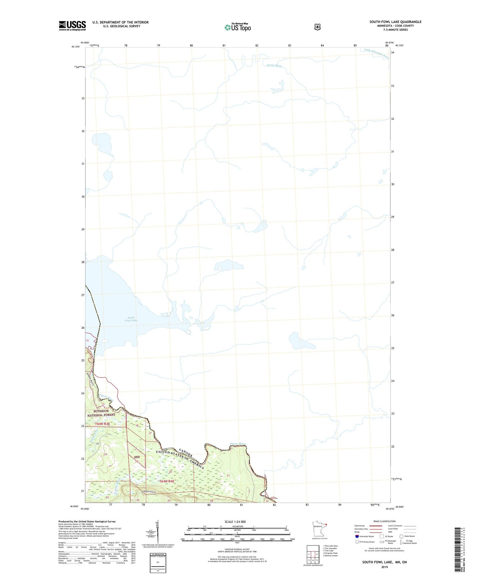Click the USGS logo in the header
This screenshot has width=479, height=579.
(72, 26)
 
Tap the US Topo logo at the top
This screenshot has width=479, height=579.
(238, 27)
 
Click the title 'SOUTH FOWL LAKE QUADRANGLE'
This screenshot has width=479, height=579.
(395, 22)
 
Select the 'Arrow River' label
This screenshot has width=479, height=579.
(274, 65)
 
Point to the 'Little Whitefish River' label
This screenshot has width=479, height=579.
(377, 53)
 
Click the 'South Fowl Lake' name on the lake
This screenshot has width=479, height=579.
(131, 319)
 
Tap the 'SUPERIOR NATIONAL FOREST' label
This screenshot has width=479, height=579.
(102, 413)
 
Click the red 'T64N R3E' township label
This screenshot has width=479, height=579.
(102, 424)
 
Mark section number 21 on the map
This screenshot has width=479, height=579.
(228, 476)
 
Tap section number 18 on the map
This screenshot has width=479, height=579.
(137, 425)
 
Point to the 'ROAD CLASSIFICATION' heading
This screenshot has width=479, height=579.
(384, 521)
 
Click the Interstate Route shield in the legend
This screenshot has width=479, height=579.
(357, 536)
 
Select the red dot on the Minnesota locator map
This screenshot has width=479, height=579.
(326, 524)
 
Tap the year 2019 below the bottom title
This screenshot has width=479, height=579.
(384, 567)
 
